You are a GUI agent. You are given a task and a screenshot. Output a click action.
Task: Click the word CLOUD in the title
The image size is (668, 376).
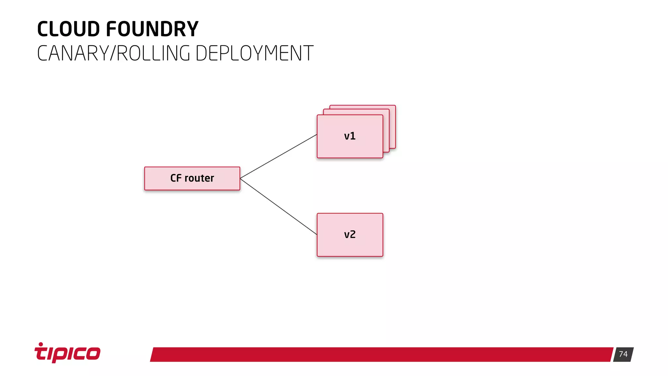click(68, 29)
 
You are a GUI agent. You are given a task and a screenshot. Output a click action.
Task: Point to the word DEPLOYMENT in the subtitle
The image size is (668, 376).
click(254, 53)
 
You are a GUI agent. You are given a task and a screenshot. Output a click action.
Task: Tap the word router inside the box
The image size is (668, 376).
click(199, 178)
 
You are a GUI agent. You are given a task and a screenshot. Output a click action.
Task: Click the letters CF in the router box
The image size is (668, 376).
click(176, 178)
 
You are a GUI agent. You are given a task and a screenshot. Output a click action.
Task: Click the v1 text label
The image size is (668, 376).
click(350, 136)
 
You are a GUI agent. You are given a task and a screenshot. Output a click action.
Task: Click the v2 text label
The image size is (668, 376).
click(350, 235)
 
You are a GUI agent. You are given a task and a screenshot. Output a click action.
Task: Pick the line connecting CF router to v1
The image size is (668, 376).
click(279, 156)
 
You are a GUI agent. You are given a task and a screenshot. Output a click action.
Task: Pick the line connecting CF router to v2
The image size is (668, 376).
click(279, 207)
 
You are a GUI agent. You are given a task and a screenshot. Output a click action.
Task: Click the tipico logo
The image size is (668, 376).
click(68, 353)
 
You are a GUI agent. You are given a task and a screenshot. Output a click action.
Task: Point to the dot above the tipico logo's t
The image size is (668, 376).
click(41, 344)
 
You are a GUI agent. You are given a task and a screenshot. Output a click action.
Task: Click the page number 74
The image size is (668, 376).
click(623, 354)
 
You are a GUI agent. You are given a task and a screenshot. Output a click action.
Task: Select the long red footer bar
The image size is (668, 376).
click(382, 354)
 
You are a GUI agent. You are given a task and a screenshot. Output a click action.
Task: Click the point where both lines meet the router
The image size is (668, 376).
click(240, 179)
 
